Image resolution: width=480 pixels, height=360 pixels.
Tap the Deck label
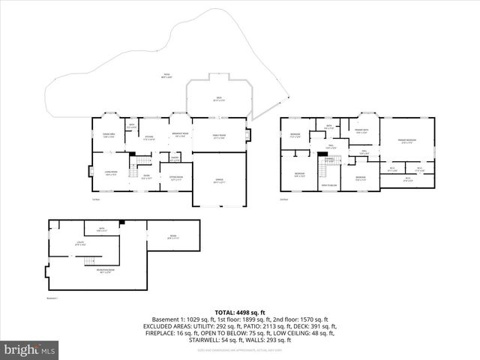(219, 100)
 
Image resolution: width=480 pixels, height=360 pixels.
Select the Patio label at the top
(166, 75)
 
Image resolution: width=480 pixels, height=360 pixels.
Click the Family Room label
(219, 136)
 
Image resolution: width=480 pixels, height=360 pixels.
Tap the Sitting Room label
(176, 178)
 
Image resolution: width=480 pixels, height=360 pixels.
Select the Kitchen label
(149, 138)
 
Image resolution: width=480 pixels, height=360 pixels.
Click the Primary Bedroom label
(407, 142)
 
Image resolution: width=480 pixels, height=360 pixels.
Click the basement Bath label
(100, 229)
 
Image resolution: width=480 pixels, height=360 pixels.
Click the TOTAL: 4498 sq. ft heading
(240, 311)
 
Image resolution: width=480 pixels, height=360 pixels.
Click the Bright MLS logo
(30, 349)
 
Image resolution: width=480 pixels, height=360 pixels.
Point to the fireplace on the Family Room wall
(249, 136)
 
